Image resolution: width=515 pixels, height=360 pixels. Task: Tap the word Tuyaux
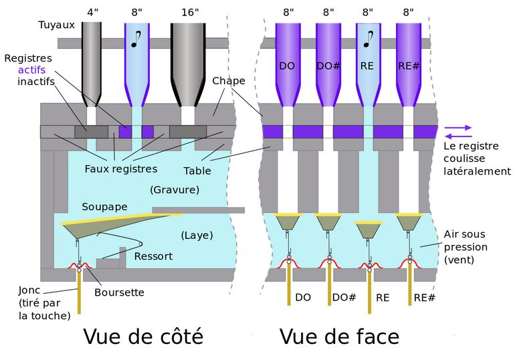click(56, 25)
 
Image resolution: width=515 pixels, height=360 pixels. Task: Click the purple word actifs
click(33, 70)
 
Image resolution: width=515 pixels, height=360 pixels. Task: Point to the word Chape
click(229, 81)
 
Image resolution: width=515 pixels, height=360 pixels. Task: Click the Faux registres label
click(121, 168)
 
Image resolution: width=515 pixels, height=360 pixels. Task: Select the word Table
click(197, 171)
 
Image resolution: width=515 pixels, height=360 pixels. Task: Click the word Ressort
click(153, 256)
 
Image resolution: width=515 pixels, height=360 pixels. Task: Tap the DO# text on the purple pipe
click(328, 66)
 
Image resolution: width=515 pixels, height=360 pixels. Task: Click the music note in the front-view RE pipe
click(367, 39)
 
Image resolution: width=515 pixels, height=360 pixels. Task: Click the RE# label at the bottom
click(424, 297)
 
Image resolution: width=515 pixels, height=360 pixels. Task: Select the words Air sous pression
click(464, 246)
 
